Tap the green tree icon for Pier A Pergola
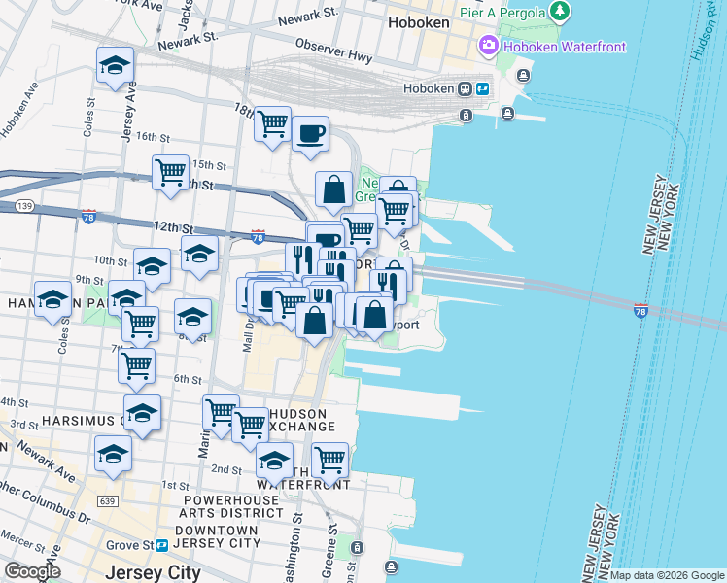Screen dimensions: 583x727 pos(560,12)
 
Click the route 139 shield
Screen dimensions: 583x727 pos(25,206)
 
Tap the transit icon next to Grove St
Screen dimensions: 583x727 pos(160,546)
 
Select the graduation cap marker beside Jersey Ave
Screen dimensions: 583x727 pos(115,66)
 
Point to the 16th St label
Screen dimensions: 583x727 pos(153,137)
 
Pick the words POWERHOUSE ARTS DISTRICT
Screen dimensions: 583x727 pos(233,506)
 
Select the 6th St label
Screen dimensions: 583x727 pos(187,379)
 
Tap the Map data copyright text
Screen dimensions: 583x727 pos(666,575)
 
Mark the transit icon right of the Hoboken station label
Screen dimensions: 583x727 pos(480,87)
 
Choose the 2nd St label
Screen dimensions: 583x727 pos(226,469)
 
